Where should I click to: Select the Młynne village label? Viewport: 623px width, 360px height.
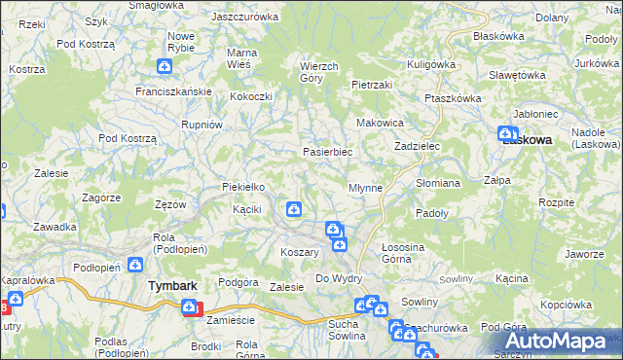365,186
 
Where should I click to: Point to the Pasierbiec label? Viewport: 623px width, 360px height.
327,152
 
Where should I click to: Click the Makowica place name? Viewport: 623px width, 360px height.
381,123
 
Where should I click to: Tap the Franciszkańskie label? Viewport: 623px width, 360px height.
174,91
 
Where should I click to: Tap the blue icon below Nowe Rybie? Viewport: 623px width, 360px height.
165,66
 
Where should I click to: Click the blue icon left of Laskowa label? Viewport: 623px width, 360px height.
505,135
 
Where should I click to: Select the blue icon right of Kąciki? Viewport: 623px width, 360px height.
293,208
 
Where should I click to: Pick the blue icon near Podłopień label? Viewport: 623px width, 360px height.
134,264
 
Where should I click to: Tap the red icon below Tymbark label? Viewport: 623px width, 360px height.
192,308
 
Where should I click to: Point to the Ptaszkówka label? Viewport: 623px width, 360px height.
454,98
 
